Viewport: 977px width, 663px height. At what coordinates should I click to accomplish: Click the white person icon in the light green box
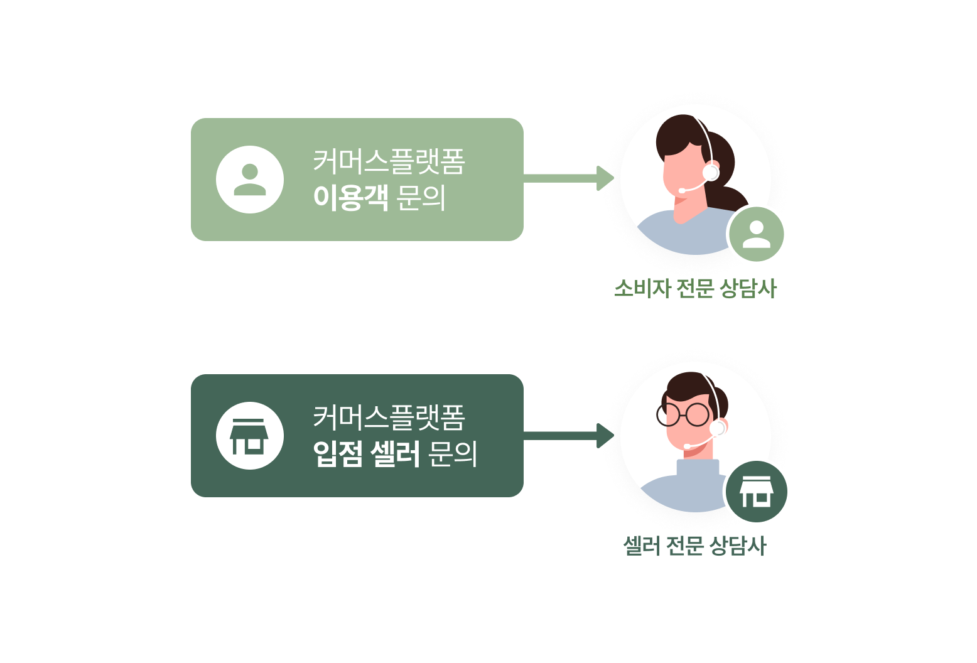point(250,180)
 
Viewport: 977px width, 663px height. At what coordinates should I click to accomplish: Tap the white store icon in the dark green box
point(250,436)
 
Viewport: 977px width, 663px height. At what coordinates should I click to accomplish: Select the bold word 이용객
point(350,197)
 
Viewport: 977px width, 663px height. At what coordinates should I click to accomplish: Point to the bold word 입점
point(338,454)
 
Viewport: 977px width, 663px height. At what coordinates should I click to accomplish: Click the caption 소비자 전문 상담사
point(695,289)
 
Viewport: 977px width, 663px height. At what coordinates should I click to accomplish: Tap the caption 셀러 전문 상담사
point(694,546)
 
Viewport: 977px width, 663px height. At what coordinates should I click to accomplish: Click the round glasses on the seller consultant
point(683,414)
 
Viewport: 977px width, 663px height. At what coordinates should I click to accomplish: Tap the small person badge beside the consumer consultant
point(757,234)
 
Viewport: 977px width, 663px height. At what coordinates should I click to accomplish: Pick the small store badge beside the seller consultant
point(757,492)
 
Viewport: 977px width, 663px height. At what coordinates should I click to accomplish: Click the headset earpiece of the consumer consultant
point(711,171)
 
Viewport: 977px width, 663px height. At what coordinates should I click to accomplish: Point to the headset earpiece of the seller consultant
point(717,428)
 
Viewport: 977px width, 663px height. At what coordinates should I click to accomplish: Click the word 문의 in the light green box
point(421,197)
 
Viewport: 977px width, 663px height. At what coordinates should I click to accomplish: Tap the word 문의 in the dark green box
point(452,454)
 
